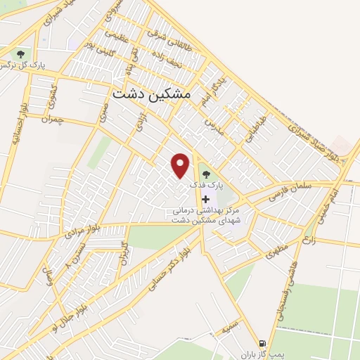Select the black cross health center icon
(x=205, y=199)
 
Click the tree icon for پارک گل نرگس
(x=20, y=53)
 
